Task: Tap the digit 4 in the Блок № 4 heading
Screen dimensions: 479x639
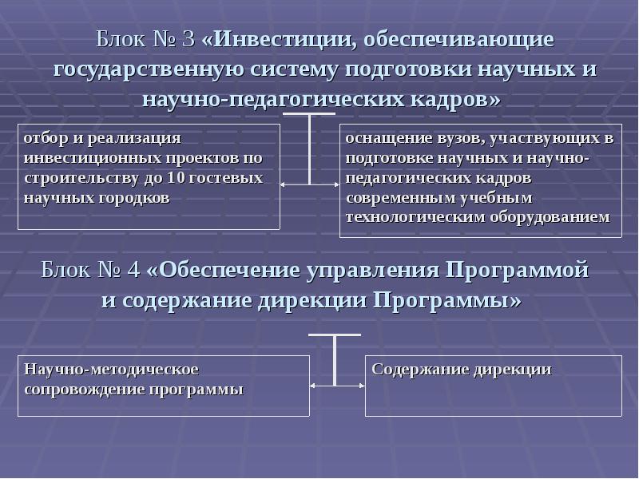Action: click(x=130, y=270)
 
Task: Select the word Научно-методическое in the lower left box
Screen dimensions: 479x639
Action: click(x=111, y=370)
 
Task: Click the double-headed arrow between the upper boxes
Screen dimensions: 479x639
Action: click(x=310, y=185)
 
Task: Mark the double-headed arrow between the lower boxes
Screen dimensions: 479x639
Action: click(x=337, y=386)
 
